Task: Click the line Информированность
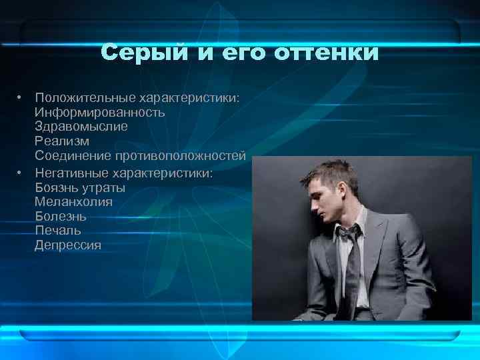coord(100,112)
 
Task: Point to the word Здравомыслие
coord(81,126)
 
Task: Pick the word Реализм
coord(62,141)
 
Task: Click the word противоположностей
coord(181,156)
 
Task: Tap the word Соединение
coord(74,156)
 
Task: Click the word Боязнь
coord(56,188)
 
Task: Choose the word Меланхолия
coord(73,202)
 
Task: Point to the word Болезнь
coord(61,217)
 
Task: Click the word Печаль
coord(58,231)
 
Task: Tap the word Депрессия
coord(68,245)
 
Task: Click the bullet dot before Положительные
coord(21,97)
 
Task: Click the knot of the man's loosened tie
coord(347,233)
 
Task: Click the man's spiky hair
coord(327,172)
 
